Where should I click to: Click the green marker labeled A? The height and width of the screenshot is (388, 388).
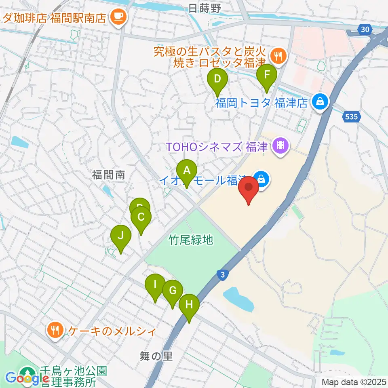click(x=186, y=171)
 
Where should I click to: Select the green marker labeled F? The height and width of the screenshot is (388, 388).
click(x=267, y=75)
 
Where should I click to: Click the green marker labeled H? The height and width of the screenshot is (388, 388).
click(x=189, y=305)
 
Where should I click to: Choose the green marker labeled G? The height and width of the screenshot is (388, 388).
click(x=173, y=291)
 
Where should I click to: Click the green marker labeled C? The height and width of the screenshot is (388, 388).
click(x=141, y=217)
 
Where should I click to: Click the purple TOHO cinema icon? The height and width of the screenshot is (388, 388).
click(x=281, y=144)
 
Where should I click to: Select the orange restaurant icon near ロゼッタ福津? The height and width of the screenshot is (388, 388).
click(x=278, y=55)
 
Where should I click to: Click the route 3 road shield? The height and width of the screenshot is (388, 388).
click(x=222, y=275)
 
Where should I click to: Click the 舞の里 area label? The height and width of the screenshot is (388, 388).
click(x=156, y=356)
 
